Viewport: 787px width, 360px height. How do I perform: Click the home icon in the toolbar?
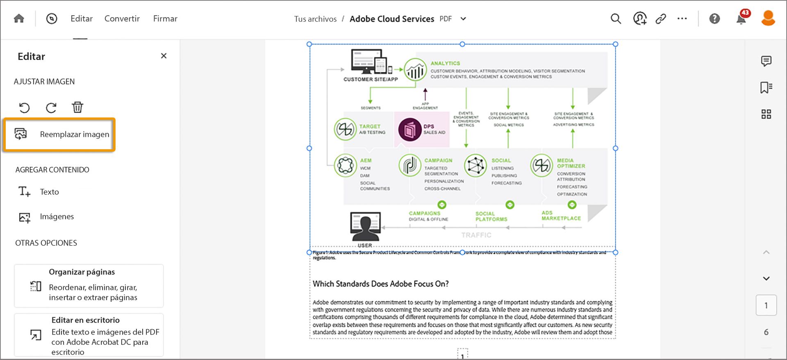pyautogui.click(x=19, y=19)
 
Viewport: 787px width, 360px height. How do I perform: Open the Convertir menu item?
pyautogui.click(x=122, y=19)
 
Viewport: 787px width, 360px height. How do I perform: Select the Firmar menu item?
pyautogui.click(x=165, y=19)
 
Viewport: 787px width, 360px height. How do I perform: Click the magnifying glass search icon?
pyautogui.click(x=616, y=19)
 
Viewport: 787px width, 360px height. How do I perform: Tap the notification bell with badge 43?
pyautogui.click(x=741, y=19)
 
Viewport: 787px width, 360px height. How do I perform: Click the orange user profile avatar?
pyautogui.click(x=768, y=18)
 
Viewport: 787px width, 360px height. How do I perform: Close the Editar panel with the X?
pyautogui.click(x=164, y=56)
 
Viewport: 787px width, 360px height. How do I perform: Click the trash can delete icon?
pyautogui.click(x=77, y=107)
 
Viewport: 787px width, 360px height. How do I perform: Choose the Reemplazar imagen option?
pyautogui.click(x=74, y=134)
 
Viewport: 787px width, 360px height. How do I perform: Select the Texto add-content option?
pyautogui.click(x=49, y=192)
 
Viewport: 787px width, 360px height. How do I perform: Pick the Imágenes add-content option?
pyautogui.click(x=57, y=216)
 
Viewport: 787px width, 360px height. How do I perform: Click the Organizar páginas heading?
pyautogui.click(x=82, y=272)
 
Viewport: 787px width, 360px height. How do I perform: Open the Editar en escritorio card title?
pyautogui.click(x=85, y=320)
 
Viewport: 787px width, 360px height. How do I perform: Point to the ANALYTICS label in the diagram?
pyautogui.click(x=445, y=64)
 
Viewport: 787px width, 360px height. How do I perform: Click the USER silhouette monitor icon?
pyautogui.click(x=365, y=226)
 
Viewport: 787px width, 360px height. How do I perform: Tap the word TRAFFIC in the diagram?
pyautogui.click(x=476, y=235)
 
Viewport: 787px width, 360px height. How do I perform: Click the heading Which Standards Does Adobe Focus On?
pyautogui.click(x=380, y=284)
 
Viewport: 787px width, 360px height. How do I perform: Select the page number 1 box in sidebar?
pyautogui.click(x=766, y=305)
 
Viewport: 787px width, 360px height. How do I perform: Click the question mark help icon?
pyautogui.click(x=714, y=19)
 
